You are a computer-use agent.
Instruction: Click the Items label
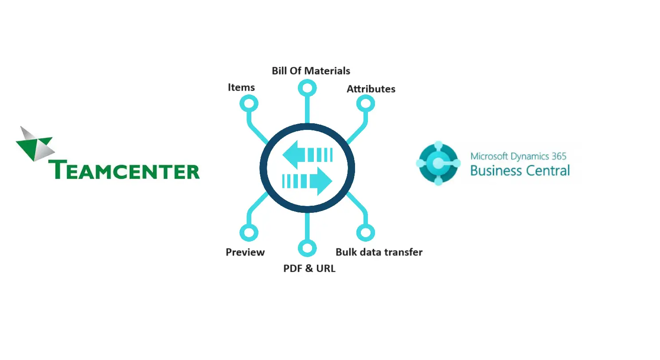point(241,87)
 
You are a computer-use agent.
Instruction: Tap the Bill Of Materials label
point(311,71)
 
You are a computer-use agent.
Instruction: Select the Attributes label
point(371,89)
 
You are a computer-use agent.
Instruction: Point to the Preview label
point(245,252)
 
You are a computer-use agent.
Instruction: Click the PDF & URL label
point(309,269)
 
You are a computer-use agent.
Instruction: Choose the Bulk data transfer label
point(379,252)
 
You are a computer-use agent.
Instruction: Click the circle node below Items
point(249,104)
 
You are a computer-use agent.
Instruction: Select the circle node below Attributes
point(366,104)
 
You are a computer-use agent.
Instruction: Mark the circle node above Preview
point(249,232)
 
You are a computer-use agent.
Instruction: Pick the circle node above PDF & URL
point(307,248)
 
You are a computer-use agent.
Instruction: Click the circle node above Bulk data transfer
point(366,232)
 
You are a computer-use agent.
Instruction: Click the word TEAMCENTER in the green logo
point(124,170)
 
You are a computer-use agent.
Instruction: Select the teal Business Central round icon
point(438,163)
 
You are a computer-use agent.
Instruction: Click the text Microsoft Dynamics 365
point(518,156)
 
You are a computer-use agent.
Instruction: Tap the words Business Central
point(520,171)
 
